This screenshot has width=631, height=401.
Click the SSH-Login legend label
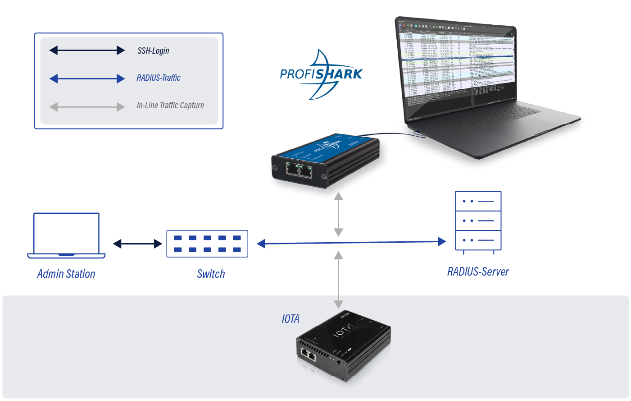point(153,51)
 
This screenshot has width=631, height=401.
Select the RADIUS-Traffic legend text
point(159,78)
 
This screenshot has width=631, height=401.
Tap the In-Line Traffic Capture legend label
point(170,106)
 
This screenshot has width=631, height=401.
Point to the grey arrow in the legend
point(87,107)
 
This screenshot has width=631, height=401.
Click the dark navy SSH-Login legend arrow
point(87,50)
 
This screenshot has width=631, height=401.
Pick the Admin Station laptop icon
point(66,235)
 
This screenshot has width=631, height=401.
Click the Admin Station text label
point(66,274)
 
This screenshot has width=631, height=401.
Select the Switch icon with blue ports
point(207,244)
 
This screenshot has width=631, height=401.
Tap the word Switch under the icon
point(211,274)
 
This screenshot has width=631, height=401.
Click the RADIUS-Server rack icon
point(478,221)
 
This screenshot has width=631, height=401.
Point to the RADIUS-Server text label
point(478,272)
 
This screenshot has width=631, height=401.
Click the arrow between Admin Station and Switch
point(137,244)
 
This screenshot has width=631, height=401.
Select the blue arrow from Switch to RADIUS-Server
point(351,243)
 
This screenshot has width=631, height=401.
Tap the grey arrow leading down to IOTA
point(339,280)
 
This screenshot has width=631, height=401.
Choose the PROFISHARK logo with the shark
point(321,74)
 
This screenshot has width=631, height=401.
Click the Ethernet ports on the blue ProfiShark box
point(300,170)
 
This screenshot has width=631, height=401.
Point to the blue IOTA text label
point(291,319)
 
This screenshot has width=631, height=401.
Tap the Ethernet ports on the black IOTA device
point(309,355)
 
